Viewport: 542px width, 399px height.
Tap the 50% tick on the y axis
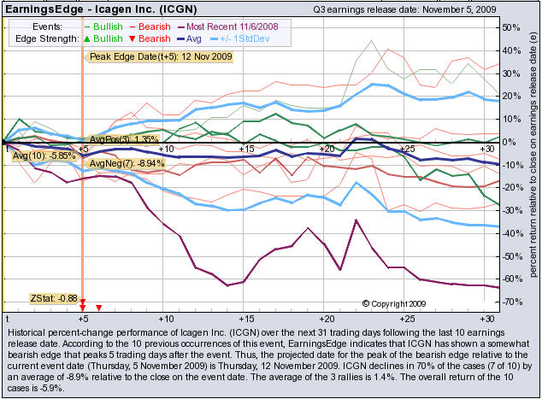tap(511, 27)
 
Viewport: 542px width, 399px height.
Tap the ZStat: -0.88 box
tap(54, 298)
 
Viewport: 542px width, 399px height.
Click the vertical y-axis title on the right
tap(533, 162)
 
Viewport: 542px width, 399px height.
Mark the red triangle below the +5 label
tap(99, 307)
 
